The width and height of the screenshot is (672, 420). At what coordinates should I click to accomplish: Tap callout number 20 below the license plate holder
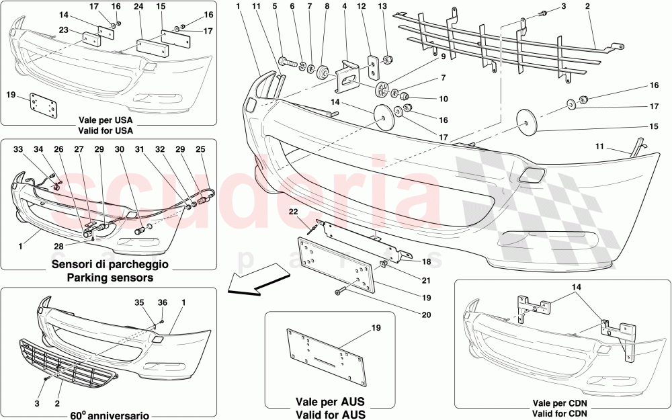point(427,314)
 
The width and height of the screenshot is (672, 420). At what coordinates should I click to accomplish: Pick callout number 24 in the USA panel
point(138,6)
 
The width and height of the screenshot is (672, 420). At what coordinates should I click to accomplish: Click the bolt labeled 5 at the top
point(285,62)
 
